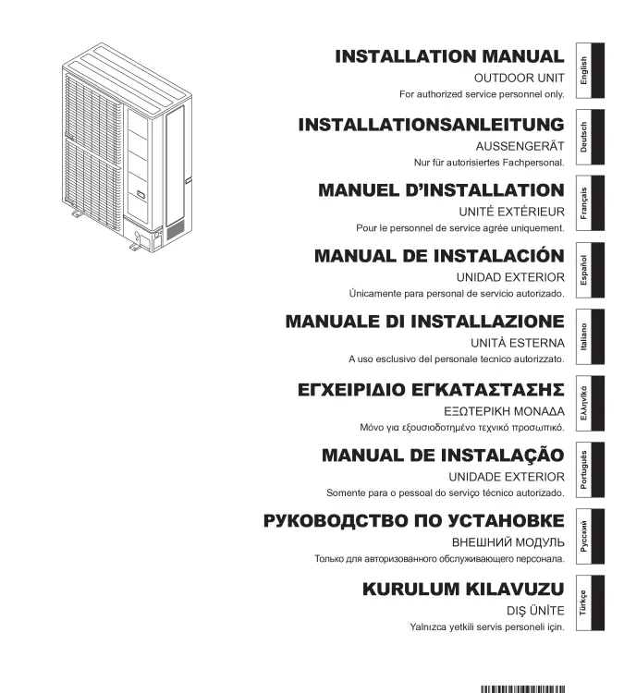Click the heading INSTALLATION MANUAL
click(x=449, y=56)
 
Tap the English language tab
click(x=590, y=70)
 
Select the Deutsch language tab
click(x=590, y=137)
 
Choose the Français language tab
click(x=590, y=203)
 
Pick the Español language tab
click(x=590, y=270)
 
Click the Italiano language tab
click(x=590, y=336)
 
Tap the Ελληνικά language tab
click(x=590, y=404)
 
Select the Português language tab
click(x=590, y=469)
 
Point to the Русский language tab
click(x=590, y=536)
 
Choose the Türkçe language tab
click(x=590, y=602)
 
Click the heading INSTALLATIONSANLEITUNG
click(x=431, y=125)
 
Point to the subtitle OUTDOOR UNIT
click(x=520, y=79)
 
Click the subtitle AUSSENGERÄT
click(x=520, y=146)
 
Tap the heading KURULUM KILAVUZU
click(x=463, y=590)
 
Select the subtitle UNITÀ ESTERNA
click(x=518, y=343)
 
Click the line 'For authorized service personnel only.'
click(x=482, y=94)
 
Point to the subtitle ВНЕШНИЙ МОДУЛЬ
click(x=508, y=542)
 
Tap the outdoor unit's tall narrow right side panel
click(x=175, y=165)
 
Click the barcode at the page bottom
click(x=522, y=689)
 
